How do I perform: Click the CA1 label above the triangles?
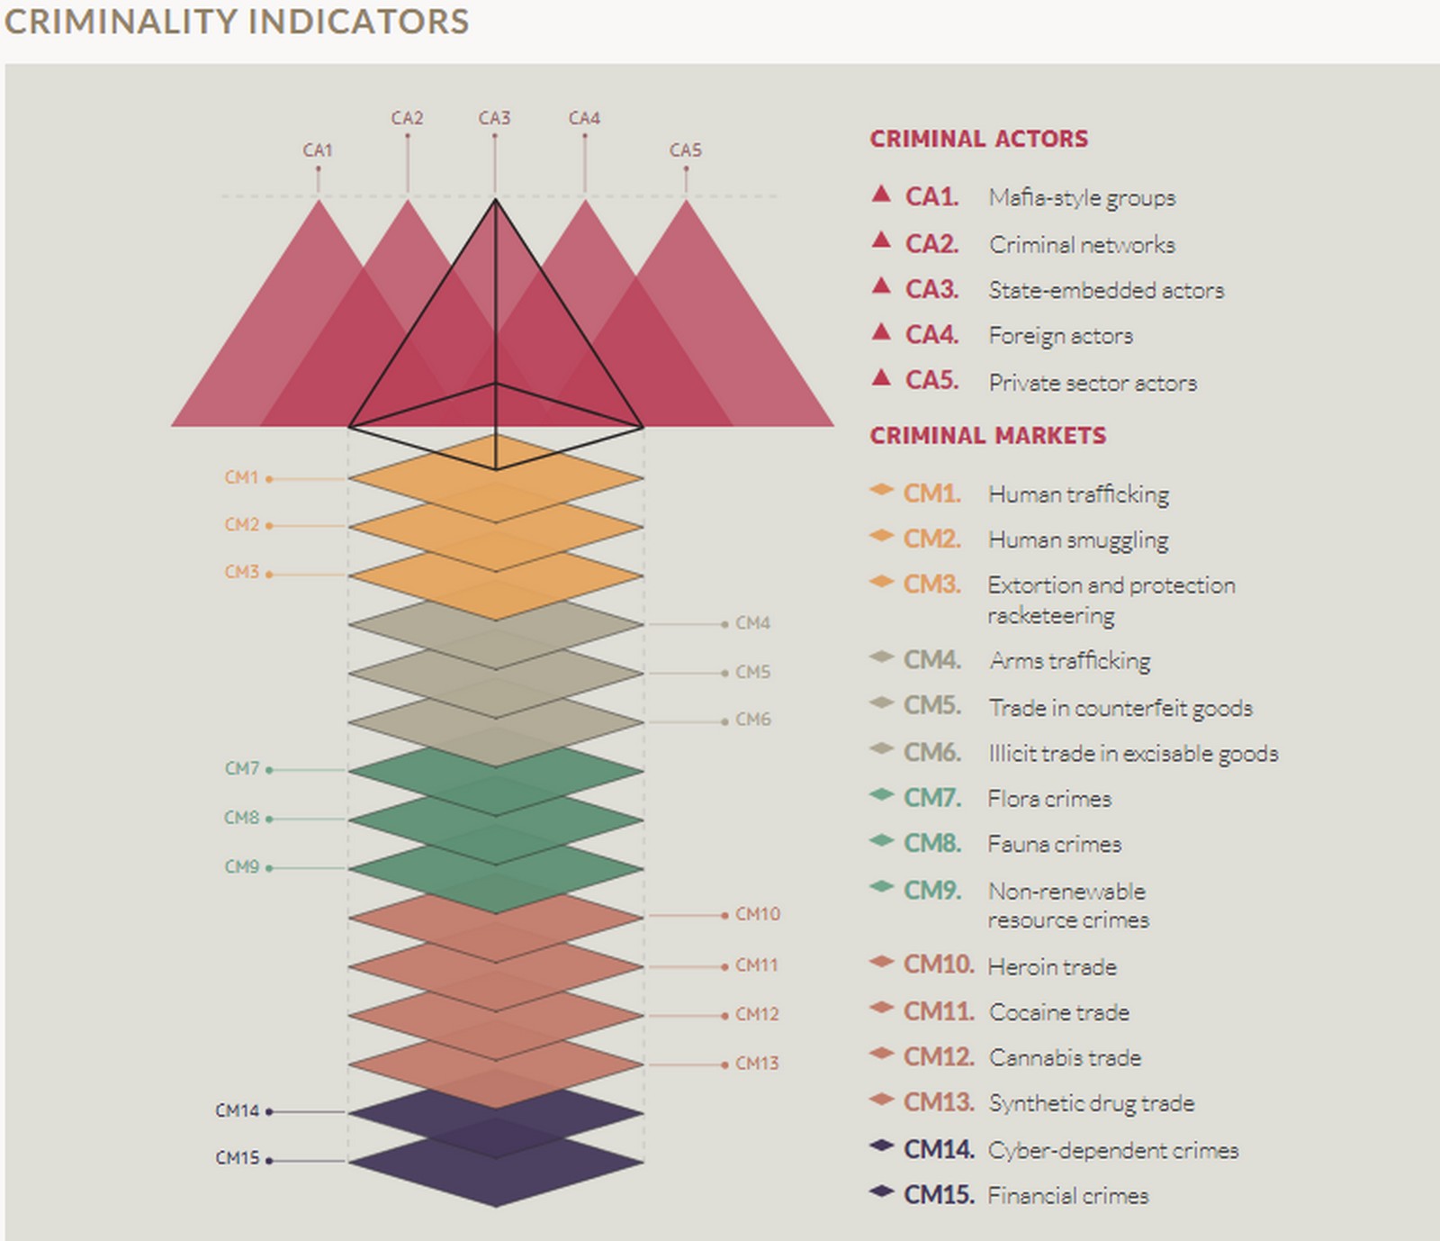pos(317,150)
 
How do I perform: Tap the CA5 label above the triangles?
pos(685,150)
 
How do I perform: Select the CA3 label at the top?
pos(494,118)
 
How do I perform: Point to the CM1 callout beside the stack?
pos(241,477)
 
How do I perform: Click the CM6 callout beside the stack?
pos(753,720)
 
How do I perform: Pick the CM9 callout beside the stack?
pos(241,866)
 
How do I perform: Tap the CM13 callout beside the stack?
pos(757,1064)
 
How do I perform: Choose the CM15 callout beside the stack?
pos(237,1158)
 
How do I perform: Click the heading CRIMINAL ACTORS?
pos(978,139)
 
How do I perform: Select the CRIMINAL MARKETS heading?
pos(987,436)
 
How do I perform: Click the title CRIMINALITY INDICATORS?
pos(237,22)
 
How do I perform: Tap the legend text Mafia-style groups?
pos(1082,198)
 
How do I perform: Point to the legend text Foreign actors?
pos(1060,336)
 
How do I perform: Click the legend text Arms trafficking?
pos(1069,661)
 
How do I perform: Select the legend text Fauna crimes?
pos(1054,845)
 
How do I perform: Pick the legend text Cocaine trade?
pos(1058,1012)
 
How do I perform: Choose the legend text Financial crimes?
pos(1068,1196)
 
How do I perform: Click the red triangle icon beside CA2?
pos(881,240)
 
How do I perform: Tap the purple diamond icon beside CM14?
pos(881,1146)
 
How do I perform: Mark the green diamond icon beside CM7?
pos(881,794)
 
